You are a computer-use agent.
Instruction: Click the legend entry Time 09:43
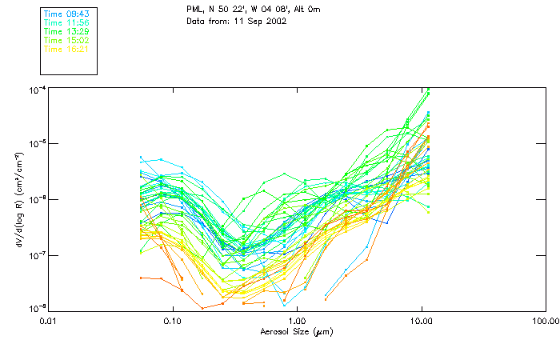tap(66, 14)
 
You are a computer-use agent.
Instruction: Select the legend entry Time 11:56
tap(66, 22)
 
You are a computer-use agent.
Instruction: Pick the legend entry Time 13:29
tap(66, 31)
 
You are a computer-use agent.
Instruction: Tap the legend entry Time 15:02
tap(66, 40)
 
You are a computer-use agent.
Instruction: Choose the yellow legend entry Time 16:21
tap(66, 49)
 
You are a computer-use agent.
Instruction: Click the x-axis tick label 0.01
tap(49, 321)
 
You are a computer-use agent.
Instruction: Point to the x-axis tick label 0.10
tap(173, 321)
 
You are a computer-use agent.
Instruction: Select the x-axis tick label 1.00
tap(297, 321)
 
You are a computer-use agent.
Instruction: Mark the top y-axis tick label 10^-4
tap(37, 89)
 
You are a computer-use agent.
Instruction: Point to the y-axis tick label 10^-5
tap(37, 144)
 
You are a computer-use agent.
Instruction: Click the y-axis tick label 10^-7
tap(37, 255)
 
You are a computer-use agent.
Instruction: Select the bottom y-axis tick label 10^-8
tap(37, 309)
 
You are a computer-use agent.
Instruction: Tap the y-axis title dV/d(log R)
tap(18, 198)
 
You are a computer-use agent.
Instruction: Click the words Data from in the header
tap(207, 21)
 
